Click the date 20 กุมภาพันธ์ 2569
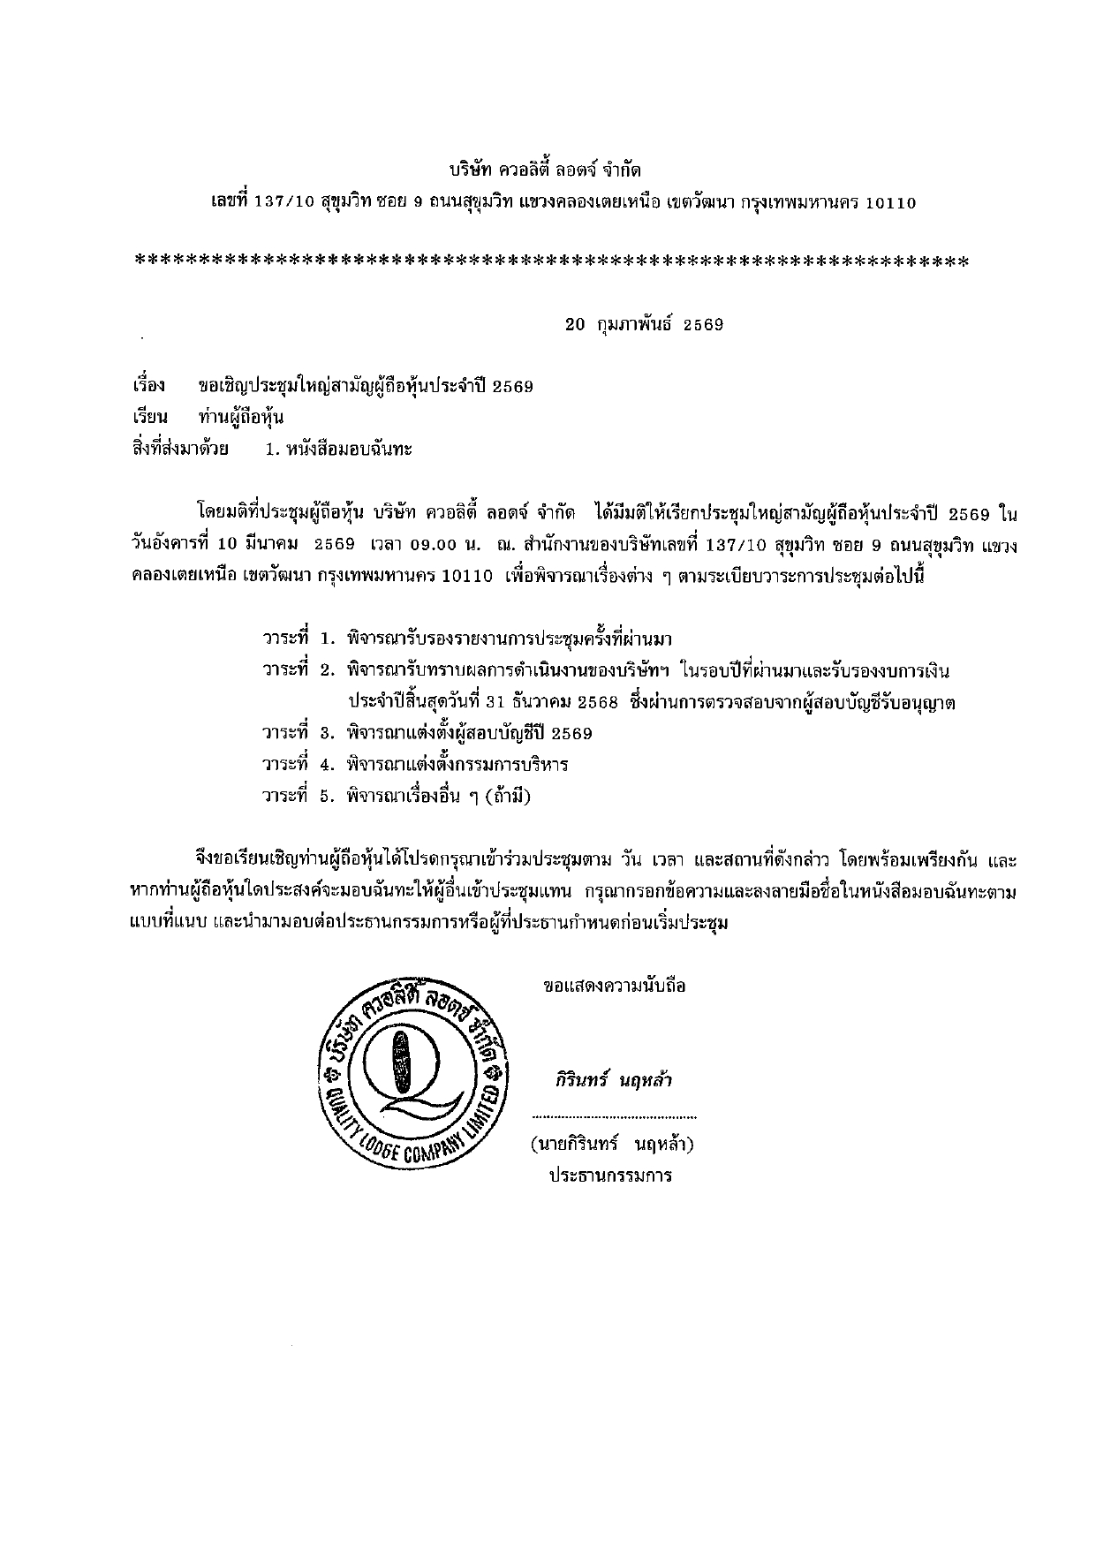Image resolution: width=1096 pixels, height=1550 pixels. tap(644, 324)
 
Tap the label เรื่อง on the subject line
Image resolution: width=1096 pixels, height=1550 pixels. tap(148, 386)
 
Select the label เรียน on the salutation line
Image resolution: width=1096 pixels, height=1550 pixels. tap(149, 417)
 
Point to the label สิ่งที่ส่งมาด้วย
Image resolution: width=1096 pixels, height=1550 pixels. tap(180, 449)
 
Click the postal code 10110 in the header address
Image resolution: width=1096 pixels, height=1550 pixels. tap(890, 202)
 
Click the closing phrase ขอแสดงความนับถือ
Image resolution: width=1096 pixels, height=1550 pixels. tap(615, 986)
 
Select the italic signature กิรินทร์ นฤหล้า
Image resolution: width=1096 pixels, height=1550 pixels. tap(613, 1080)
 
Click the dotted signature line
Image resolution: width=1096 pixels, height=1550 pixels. tap(613, 1117)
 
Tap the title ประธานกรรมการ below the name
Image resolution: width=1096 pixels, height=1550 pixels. tap(610, 1176)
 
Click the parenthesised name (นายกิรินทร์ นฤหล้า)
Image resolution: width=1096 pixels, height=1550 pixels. tap(612, 1145)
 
